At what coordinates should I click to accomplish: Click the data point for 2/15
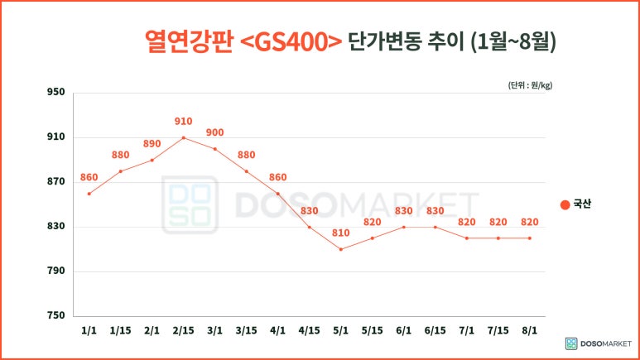tap(183, 137)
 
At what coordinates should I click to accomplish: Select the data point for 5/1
tap(340, 249)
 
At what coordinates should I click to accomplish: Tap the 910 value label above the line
tap(183, 122)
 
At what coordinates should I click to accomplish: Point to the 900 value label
tap(214, 132)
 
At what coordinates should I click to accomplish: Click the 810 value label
tap(340, 233)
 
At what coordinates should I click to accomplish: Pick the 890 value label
tap(152, 144)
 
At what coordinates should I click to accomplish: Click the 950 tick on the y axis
tap(55, 93)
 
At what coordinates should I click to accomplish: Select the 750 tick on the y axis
tap(55, 316)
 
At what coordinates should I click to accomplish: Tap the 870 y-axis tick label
tap(55, 182)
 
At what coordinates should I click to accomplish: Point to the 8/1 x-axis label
tap(529, 330)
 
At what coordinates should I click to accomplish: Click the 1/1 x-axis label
tap(89, 330)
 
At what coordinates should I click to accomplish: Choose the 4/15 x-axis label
tap(309, 330)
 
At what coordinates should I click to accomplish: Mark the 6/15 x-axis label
tap(435, 330)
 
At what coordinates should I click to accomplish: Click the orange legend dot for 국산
tap(565, 204)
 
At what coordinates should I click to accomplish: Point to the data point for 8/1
tap(529, 238)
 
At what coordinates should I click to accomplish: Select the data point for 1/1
tap(89, 194)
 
